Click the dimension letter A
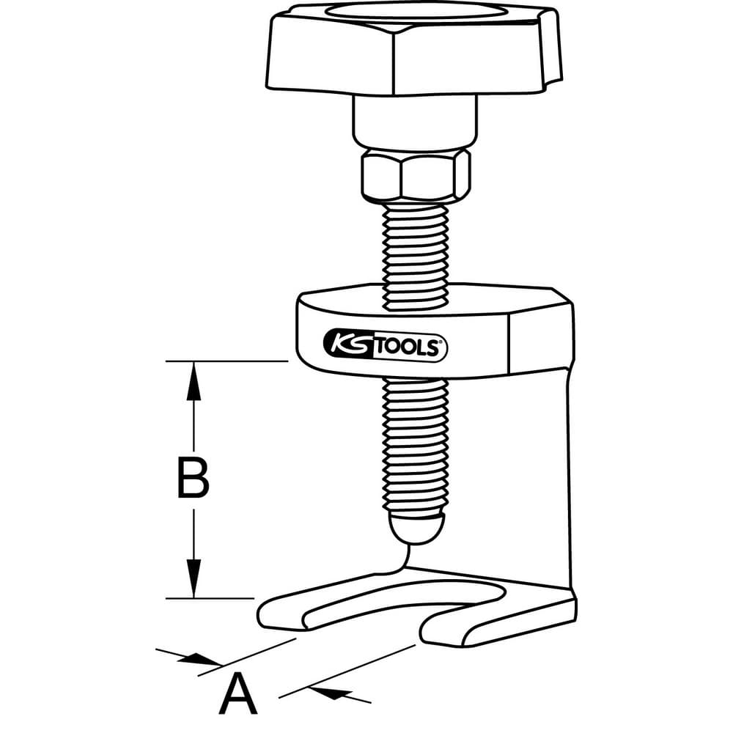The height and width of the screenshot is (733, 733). point(238,696)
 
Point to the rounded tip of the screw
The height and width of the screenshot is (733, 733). point(417,528)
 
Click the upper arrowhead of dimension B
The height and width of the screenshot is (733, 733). point(194,377)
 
